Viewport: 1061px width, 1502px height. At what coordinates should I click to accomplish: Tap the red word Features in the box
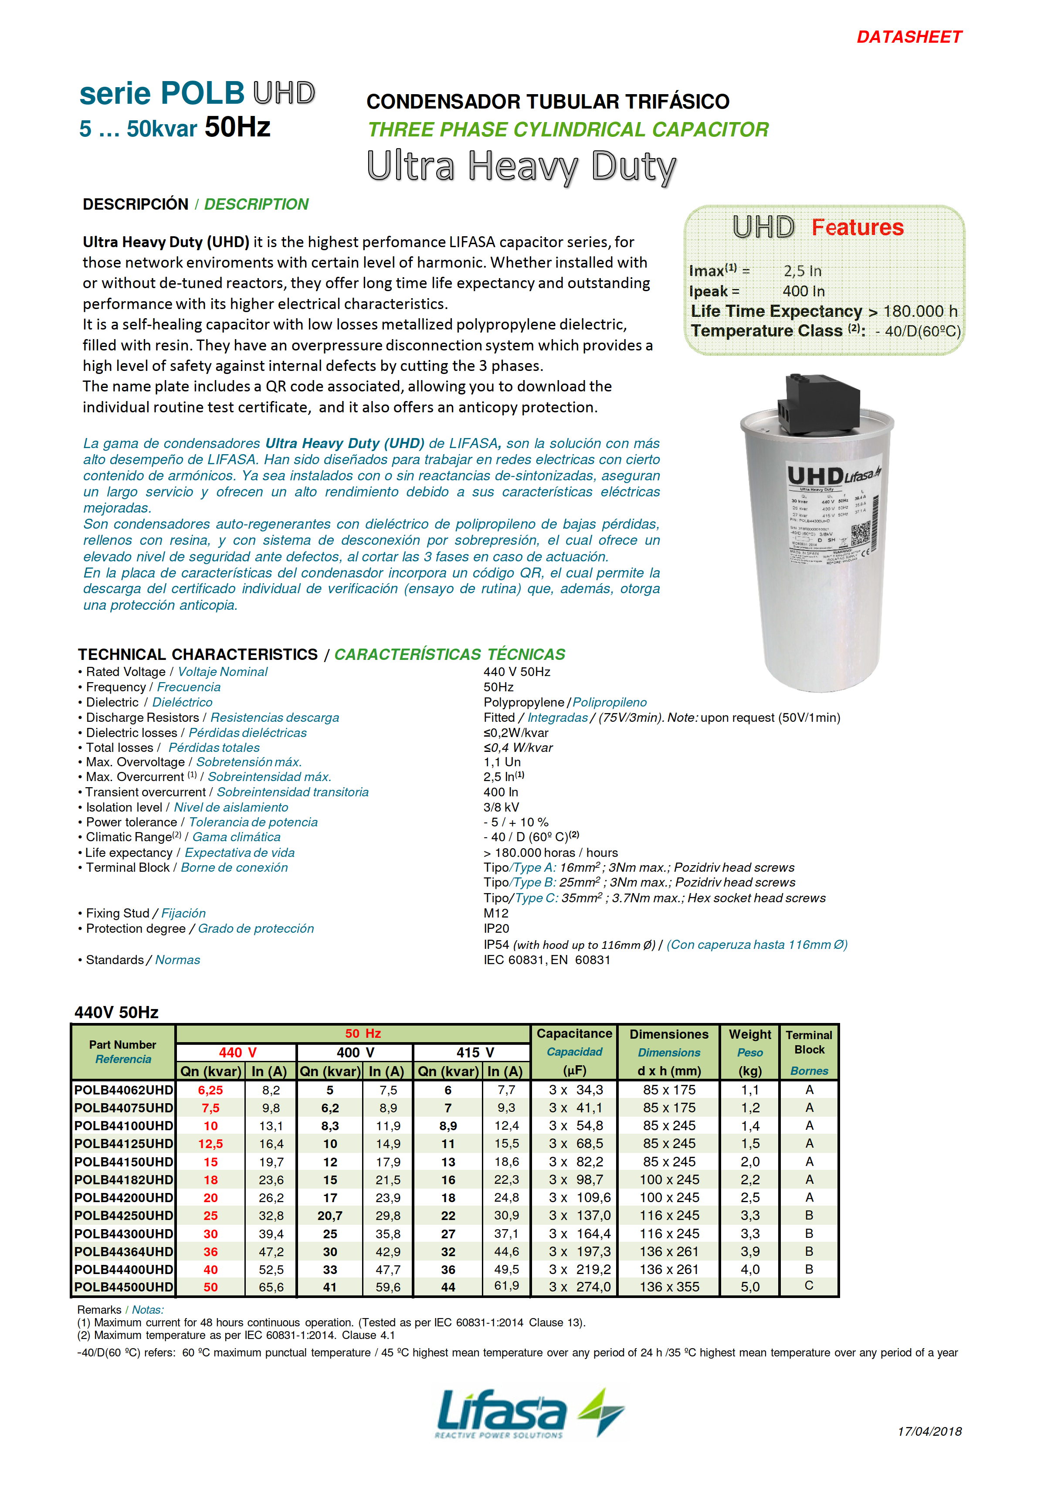(x=857, y=228)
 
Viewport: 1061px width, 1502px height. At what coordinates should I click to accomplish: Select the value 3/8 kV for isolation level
(x=501, y=807)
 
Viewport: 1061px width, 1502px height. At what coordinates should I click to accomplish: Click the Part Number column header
(x=123, y=1045)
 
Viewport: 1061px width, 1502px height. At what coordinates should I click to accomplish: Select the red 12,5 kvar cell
(x=210, y=1144)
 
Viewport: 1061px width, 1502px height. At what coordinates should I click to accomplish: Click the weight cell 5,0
(x=749, y=1287)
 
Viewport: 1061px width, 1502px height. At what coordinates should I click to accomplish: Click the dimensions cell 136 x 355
(x=669, y=1287)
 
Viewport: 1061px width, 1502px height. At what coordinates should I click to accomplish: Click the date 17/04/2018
(x=929, y=1431)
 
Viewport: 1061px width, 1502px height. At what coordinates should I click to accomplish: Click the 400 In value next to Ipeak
(x=803, y=291)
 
